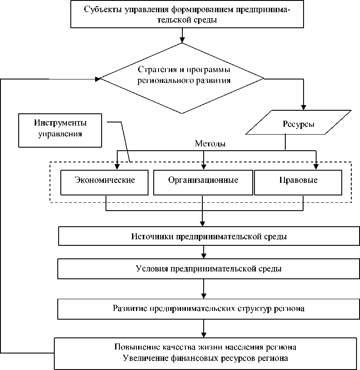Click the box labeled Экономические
105,181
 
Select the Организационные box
203,181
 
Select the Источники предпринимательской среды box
209,237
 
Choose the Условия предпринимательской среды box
209,269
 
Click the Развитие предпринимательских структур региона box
209,309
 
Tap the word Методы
210,144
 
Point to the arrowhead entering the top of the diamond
182,40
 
